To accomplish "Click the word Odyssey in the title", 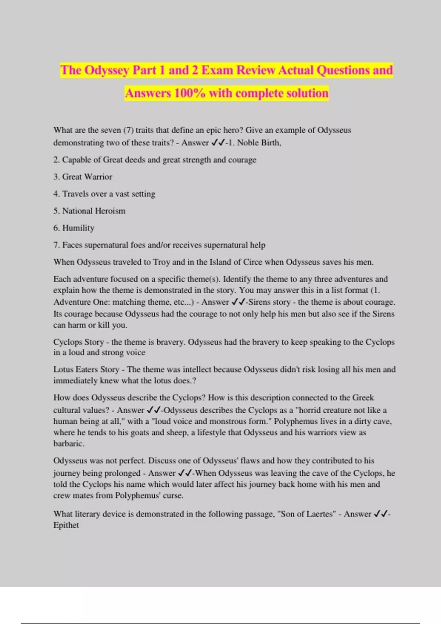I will tap(107, 70).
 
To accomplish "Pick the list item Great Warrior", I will tap(87, 177).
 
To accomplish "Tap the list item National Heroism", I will tap(94, 211).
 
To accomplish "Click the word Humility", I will tap(78, 228).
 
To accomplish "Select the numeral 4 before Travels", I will tap(56, 194).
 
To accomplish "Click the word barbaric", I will tap(69, 443).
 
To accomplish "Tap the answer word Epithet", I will tap(66, 525).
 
